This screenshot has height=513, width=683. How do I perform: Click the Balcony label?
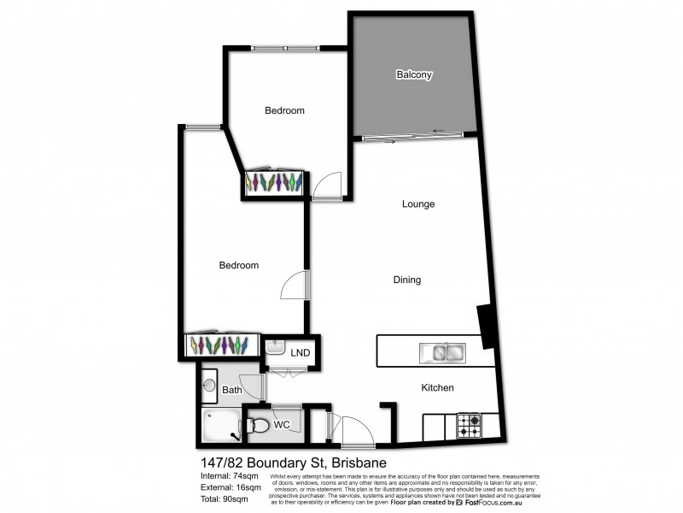pyautogui.click(x=414, y=75)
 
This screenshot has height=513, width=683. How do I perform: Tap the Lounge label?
pyautogui.click(x=418, y=204)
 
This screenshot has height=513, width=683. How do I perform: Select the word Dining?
pyautogui.click(x=406, y=280)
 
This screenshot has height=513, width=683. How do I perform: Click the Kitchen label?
pyautogui.click(x=437, y=388)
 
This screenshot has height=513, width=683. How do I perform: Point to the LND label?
pyautogui.click(x=301, y=352)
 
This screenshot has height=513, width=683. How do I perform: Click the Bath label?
pyautogui.click(x=232, y=390)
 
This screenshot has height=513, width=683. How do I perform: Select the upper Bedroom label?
pyautogui.click(x=284, y=110)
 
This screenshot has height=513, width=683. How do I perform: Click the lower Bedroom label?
pyautogui.click(x=238, y=265)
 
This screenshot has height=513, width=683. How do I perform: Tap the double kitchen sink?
pyautogui.click(x=441, y=351)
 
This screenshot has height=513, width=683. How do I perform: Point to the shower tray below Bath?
pyautogui.click(x=223, y=425)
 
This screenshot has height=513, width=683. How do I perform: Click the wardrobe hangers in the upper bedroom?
pyautogui.click(x=274, y=182)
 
